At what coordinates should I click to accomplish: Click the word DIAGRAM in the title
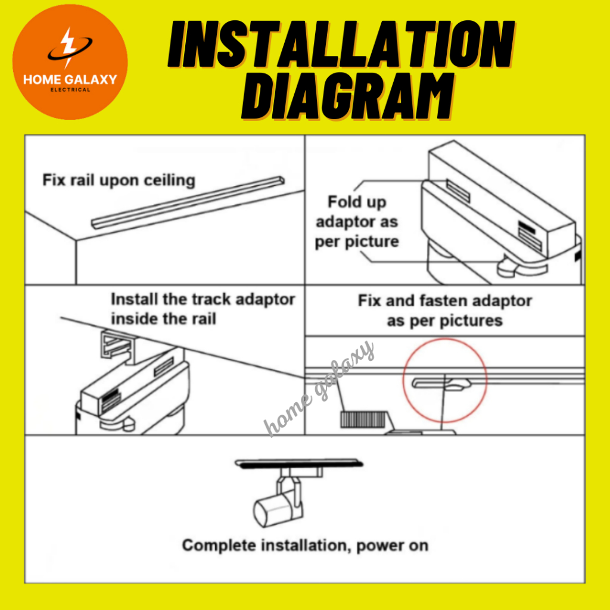348,96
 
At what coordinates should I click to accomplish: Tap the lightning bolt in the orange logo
69,46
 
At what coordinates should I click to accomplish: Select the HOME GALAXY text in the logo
70,80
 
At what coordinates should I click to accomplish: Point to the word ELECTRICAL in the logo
70,90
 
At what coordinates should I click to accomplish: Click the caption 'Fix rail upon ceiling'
119,180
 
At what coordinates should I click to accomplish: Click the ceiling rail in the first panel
188,203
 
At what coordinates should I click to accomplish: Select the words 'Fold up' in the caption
357,202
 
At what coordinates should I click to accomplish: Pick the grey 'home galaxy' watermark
319,389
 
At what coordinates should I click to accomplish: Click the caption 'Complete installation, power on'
306,546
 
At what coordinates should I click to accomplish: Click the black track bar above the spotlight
299,463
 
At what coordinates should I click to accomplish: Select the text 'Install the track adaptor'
203,300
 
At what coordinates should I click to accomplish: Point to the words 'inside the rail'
163,319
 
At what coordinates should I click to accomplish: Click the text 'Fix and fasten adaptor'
444,301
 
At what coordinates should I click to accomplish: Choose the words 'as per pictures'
444,321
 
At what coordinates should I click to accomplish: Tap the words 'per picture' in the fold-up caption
357,242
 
